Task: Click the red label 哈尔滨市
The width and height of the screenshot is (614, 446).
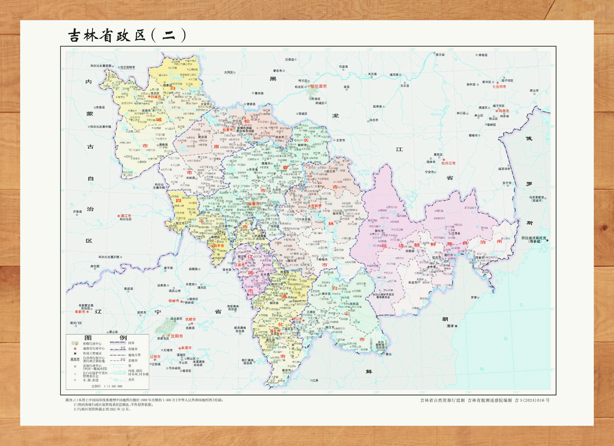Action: pos(318,86)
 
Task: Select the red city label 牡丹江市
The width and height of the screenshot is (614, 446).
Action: pos(448,163)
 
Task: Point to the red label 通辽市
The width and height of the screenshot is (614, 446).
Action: pos(126,216)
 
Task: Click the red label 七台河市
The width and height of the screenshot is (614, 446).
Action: pos(499,87)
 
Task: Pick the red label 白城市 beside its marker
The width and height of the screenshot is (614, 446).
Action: pos(156,97)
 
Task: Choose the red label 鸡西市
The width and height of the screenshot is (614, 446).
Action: pos(504,111)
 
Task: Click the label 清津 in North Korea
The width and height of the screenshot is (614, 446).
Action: pos(450,326)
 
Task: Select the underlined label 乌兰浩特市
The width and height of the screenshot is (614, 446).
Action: pos(128,67)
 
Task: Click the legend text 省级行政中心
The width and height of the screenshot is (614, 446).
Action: pos(92,343)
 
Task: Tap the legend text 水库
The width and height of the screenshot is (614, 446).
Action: pos(131,380)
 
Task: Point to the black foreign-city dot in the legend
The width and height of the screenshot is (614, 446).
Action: pos(75,353)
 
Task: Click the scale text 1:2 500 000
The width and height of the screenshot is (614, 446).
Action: pos(113,386)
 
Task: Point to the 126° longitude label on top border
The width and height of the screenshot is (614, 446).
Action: pos(286,50)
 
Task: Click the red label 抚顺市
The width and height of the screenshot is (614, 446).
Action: pos(190,319)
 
